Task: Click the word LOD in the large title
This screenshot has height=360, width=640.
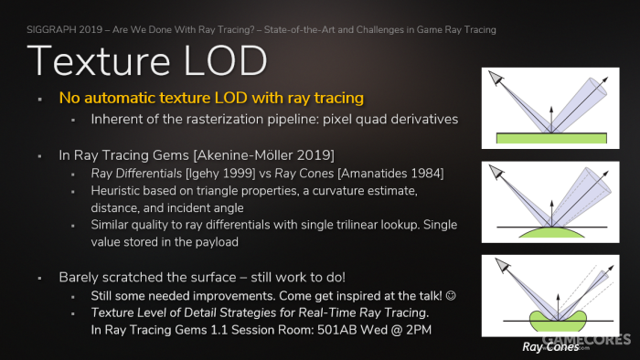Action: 225,61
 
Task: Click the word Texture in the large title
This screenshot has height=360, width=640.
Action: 99,61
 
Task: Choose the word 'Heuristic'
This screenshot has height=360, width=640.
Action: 115,191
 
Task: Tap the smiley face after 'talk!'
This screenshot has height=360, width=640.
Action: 451,295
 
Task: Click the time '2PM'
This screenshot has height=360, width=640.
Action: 419,330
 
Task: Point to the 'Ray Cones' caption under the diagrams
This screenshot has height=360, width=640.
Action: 550,347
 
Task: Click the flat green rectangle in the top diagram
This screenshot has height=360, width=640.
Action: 551,138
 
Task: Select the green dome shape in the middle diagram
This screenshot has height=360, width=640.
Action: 551,233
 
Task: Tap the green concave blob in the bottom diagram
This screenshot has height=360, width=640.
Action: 558,323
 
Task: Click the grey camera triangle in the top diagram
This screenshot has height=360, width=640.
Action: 496,78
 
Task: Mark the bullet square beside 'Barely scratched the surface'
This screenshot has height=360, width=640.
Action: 39,278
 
